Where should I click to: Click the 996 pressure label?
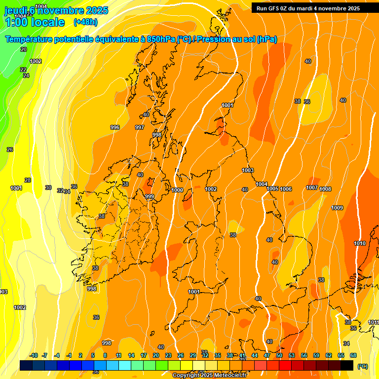(115, 127)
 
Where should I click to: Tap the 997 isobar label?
(140, 127)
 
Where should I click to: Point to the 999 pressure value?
(150, 196)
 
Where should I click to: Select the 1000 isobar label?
(178, 190)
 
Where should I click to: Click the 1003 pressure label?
(248, 170)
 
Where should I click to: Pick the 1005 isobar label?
(272, 189)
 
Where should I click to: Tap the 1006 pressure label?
(286, 189)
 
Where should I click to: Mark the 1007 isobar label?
(312, 188)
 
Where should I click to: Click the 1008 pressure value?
(325, 189)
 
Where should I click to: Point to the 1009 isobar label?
(337, 208)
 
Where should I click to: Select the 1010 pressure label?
(360, 243)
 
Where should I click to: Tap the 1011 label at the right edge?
(374, 322)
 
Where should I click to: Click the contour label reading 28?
(28, 180)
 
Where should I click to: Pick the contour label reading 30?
(48, 188)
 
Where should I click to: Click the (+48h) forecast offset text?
(85, 22)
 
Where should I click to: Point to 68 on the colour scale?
(353, 355)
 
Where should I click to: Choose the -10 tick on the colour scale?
(34, 355)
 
